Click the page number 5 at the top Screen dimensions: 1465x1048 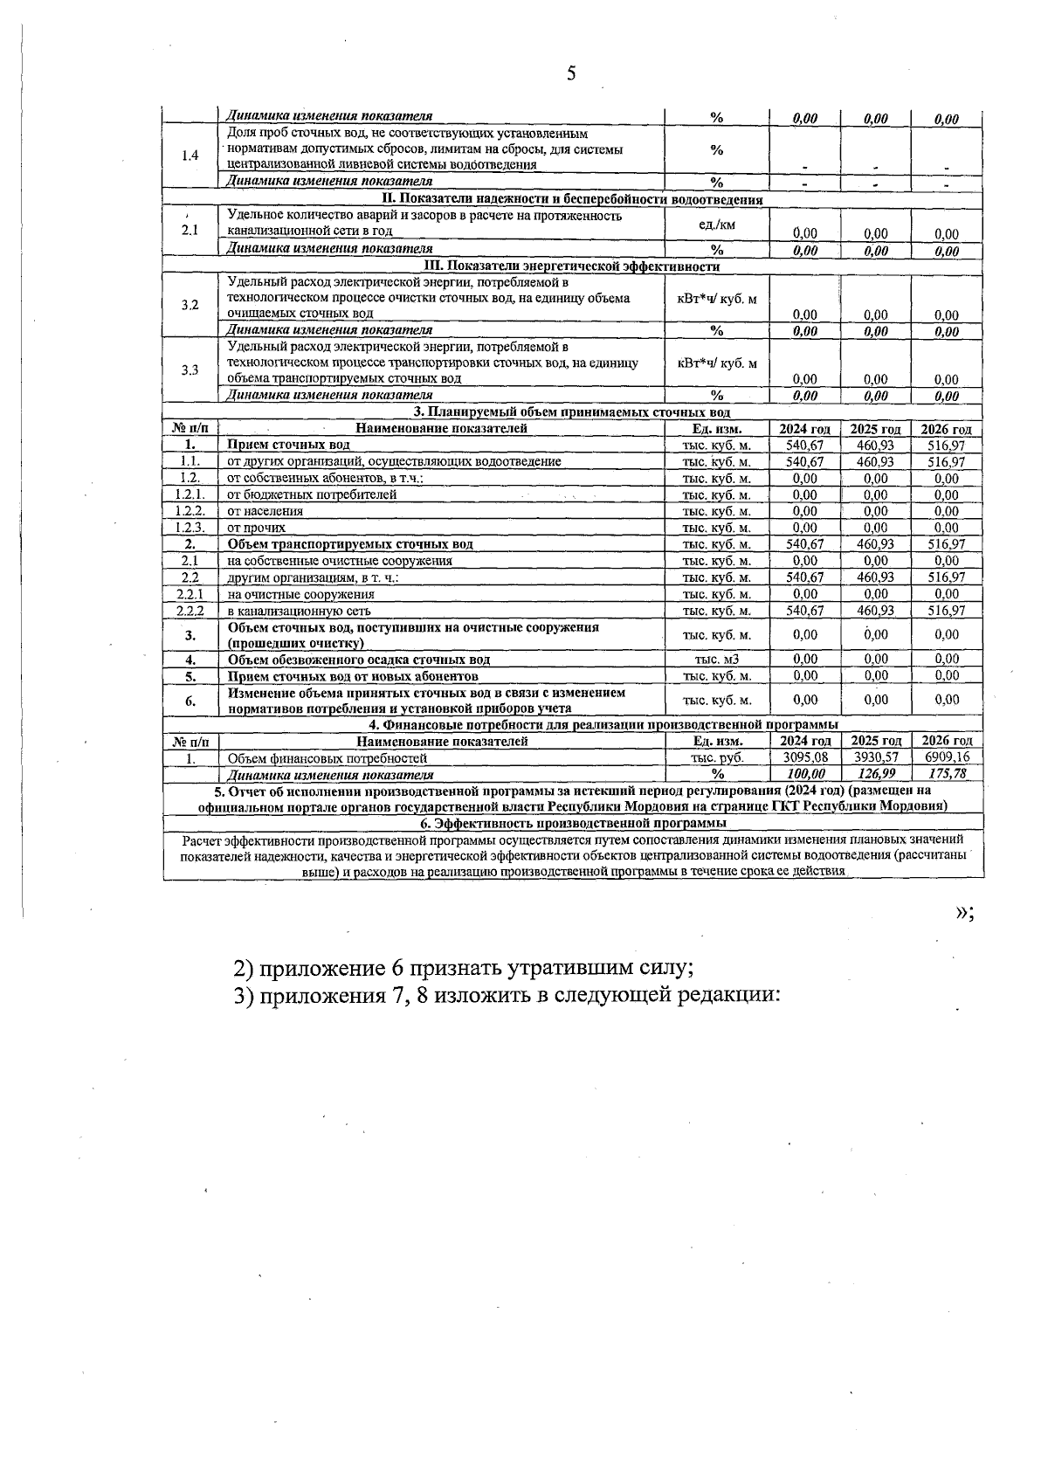pyautogui.click(x=571, y=73)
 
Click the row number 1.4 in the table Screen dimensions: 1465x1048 pyautogui.click(x=190, y=156)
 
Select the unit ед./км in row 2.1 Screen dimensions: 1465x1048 pyautogui.click(x=716, y=225)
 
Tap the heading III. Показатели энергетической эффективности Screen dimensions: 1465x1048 pyautogui.click(x=571, y=266)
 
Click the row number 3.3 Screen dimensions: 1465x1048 pyautogui.click(x=190, y=370)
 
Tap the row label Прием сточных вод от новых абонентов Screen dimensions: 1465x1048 pyautogui.click(x=353, y=676)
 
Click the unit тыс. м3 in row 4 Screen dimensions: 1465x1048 pyautogui.click(x=716, y=660)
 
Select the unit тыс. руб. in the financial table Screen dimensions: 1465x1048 pyautogui.click(x=716, y=758)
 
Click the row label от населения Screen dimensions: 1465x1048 pyautogui.click(x=265, y=512)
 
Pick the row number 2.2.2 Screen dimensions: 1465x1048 pyautogui.click(x=190, y=611)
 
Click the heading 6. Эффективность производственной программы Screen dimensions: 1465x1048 pyautogui.click(x=573, y=824)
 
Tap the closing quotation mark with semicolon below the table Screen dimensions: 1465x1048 pyautogui.click(x=963, y=912)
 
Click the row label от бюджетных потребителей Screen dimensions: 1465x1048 pyautogui.click(x=312, y=495)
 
